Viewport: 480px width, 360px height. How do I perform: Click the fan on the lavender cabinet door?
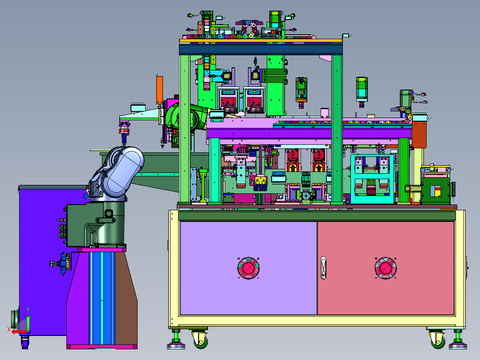(x=248, y=268)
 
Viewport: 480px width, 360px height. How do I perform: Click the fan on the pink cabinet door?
(x=386, y=268)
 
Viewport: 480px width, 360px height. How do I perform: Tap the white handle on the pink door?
(x=323, y=268)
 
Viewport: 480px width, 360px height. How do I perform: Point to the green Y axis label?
(x=28, y=310)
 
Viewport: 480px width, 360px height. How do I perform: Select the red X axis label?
(x=9, y=329)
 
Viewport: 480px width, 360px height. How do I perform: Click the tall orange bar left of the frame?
(x=159, y=90)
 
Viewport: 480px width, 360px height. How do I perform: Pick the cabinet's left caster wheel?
(x=200, y=340)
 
